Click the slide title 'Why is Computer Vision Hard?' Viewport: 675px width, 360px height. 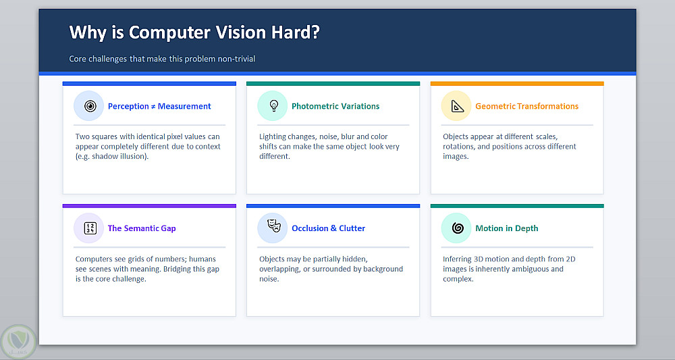click(x=194, y=32)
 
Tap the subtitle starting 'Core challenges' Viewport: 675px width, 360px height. click(x=162, y=59)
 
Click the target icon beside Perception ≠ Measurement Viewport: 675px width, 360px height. click(x=90, y=106)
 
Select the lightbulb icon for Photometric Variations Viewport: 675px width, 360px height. click(x=273, y=106)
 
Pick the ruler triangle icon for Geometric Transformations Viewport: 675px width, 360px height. click(x=457, y=106)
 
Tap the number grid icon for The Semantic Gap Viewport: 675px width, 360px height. click(x=90, y=228)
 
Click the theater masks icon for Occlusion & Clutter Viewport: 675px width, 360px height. click(x=274, y=226)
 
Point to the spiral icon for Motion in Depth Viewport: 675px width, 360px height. click(x=458, y=228)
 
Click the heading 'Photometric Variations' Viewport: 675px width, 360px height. click(x=335, y=106)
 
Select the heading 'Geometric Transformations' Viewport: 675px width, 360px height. click(x=527, y=106)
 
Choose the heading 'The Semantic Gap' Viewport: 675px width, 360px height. click(x=142, y=228)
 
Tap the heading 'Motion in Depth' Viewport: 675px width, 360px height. click(x=507, y=228)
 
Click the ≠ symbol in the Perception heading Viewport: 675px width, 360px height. click(x=153, y=107)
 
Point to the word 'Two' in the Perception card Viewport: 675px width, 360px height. click(x=82, y=136)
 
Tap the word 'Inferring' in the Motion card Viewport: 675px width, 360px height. click(x=457, y=259)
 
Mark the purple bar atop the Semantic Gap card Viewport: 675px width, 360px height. click(x=149, y=206)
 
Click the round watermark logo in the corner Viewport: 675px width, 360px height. click(x=18, y=342)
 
